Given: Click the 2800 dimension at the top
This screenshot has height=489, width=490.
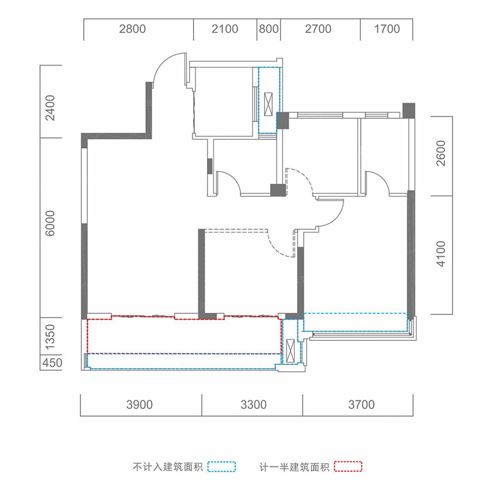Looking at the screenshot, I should pos(133,29).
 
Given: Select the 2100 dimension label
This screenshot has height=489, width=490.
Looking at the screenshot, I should pos(225,29).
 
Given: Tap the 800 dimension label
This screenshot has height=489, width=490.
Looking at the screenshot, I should pos(269,29).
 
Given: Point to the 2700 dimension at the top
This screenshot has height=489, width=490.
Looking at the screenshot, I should pos(318,29).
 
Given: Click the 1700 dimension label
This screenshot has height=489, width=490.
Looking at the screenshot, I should pos(386,29).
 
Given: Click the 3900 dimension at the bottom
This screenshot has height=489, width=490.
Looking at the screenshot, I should pos(140,405).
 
